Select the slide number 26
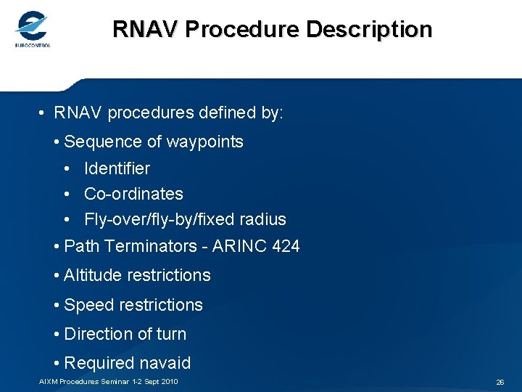point(500,382)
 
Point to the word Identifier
point(117,168)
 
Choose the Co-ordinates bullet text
point(133,194)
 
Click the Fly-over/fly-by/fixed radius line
point(185,219)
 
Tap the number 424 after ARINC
point(285,246)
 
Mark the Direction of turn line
point(125,334)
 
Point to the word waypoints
point(204,142)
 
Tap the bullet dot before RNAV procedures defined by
point(43,114)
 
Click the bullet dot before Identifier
point(67,169)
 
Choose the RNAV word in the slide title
point(145,29)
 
